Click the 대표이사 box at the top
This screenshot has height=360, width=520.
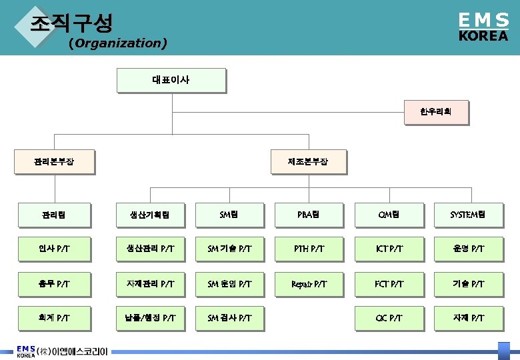(x=171, y=80)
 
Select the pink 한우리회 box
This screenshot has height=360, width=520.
(x=435, y=112)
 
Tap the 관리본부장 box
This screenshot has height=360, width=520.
(x=54, y=161)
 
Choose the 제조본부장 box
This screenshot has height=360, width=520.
(x=307, y=161)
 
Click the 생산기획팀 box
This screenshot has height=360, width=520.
(x=149, y=215)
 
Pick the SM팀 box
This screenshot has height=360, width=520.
(x=229, y=215)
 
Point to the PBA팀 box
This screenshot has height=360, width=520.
(x=308, y=215)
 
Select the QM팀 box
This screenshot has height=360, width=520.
(x=388, y=215)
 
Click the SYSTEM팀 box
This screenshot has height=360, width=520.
(x=467, y=215)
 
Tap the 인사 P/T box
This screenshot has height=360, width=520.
(x=54, y=249)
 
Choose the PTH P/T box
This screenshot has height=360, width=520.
(x=308, y=249)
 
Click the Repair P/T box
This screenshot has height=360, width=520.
(x=308, y=284)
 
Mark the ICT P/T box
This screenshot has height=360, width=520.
(x=388, y=249)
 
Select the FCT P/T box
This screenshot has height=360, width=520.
(x=388, y=284)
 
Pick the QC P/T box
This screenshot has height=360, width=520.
(x=388, y=319)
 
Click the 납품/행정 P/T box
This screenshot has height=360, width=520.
(x=149, y=319)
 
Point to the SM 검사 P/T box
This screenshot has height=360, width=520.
(x=229, y=319)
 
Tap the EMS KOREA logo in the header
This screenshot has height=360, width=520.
(x=483, y=27)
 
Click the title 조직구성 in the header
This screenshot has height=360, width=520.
(x=71, y=23)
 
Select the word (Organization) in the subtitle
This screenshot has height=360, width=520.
(x=117, y=44)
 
